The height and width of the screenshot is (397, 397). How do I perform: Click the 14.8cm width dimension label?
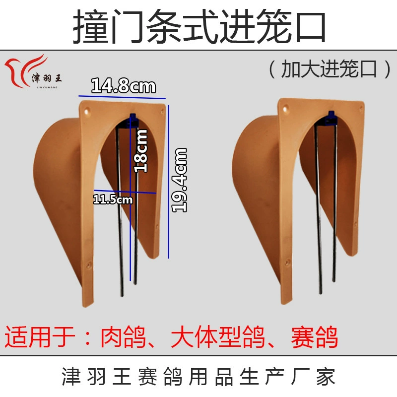click(123, 85)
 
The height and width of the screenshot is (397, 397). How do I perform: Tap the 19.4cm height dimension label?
click(179, 180)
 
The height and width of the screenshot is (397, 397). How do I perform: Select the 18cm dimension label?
click(140, 151)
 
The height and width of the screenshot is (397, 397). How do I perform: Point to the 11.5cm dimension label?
click(113, 199)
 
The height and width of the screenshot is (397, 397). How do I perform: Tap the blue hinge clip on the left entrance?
click(133, 120)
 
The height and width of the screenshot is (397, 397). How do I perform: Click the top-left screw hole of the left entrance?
click(87, 111)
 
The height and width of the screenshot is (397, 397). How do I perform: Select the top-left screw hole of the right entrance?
click(286, 109)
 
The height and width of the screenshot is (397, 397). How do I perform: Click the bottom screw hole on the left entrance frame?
click(88, 265)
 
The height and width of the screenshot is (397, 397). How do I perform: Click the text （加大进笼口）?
click(330, 68)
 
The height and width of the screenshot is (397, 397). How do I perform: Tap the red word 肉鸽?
click(123, 337)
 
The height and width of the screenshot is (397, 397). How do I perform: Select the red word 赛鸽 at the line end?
click(315, 337)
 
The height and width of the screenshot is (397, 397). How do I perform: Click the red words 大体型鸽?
click(218, 337)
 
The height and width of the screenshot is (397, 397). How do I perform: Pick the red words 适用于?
click(40, 337)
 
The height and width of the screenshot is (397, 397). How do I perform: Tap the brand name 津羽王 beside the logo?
click(47, 78)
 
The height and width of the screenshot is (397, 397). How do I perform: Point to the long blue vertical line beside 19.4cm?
click(169, 182)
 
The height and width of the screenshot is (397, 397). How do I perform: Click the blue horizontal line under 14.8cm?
click(122, 97)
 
